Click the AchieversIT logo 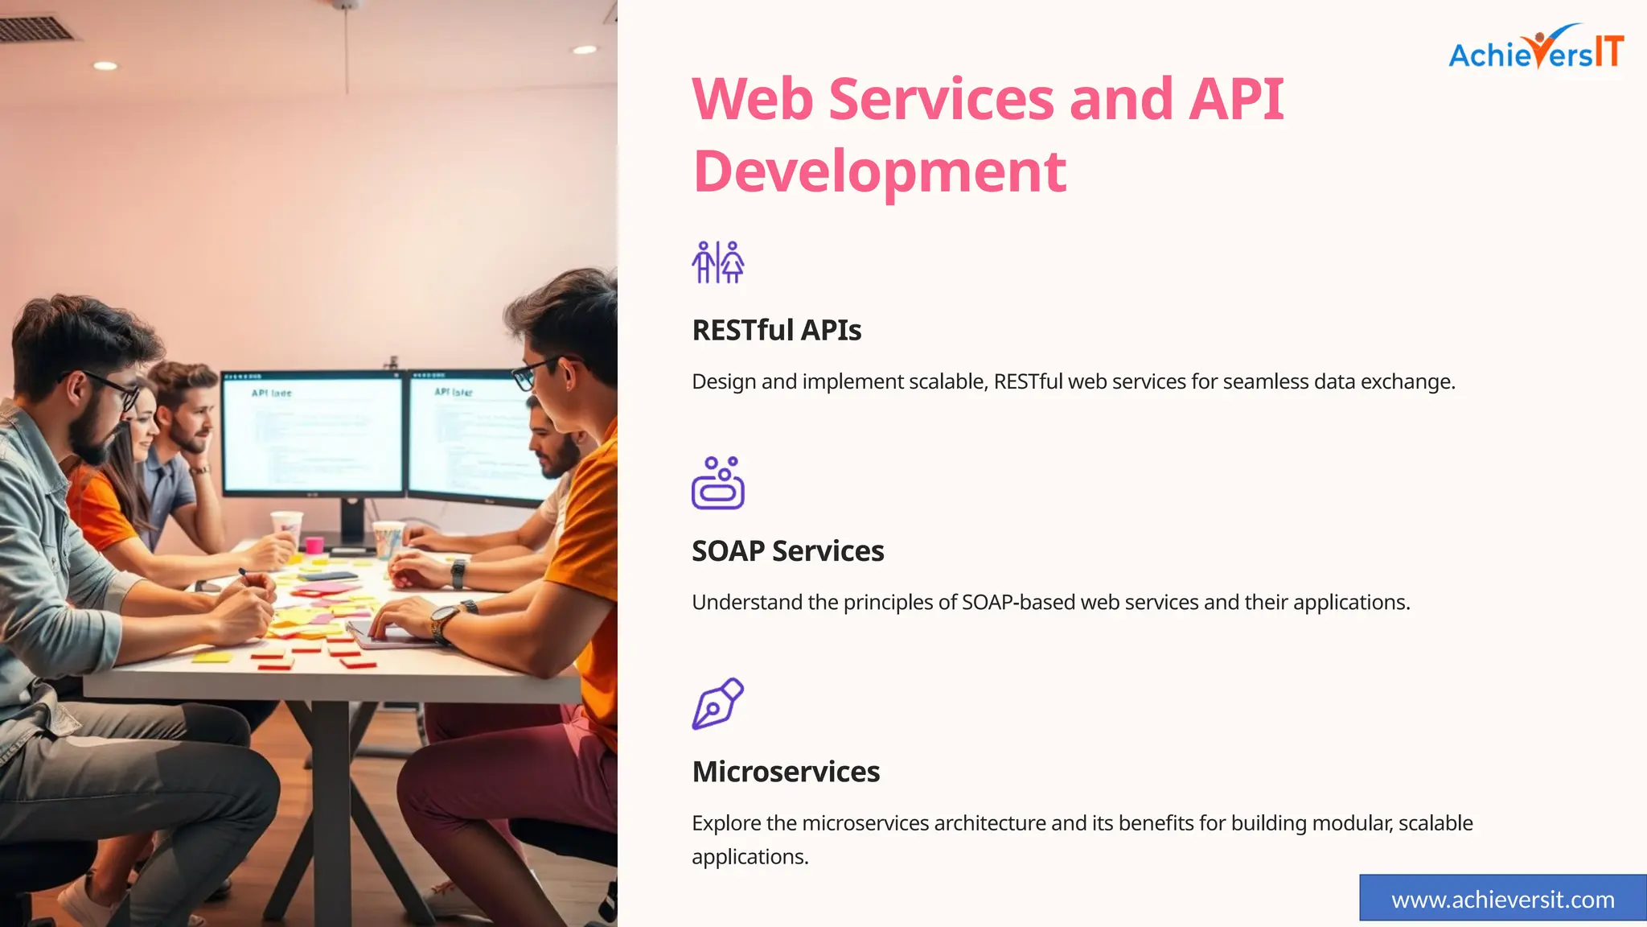coord(1536,50)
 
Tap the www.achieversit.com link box coord(1502,899)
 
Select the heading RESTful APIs coord(776,330)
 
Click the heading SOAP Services coord(787,551)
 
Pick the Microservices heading coord(786,772)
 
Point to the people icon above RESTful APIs coord(717,262)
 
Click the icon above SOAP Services coord(717,483)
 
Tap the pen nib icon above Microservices coord(717,703)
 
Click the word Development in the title coord(879,171)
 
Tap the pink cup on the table coord(314,545)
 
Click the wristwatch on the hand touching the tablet coord(443,624)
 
